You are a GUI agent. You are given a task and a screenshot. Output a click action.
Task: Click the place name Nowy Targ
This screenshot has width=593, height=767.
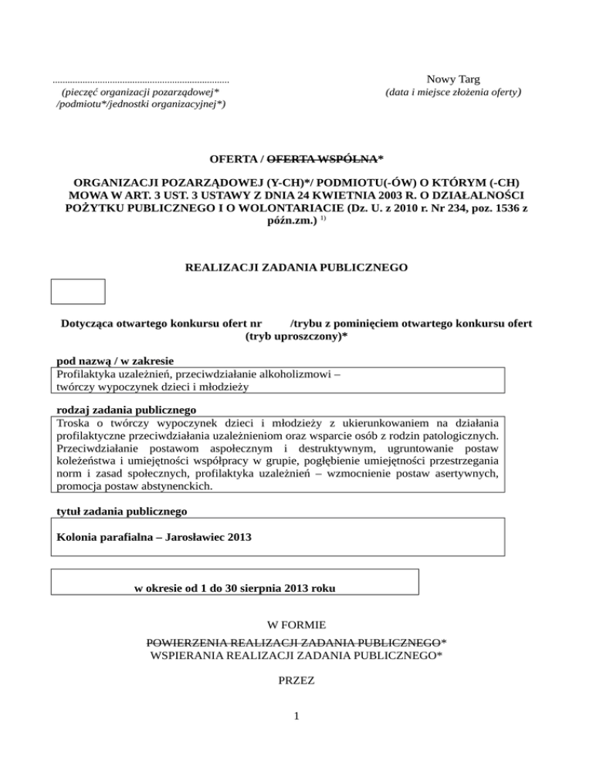click(x=453, y=79)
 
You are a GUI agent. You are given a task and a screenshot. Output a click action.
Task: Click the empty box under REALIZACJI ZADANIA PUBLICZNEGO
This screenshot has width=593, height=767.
click(x=77, y=292)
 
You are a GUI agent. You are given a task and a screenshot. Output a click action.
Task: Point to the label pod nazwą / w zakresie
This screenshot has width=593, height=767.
click(x=115, y=360)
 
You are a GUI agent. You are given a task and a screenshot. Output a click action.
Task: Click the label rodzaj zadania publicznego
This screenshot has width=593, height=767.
click(x=127, y=409)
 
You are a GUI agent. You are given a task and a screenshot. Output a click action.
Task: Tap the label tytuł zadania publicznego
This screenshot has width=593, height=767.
click(x=121, y=510)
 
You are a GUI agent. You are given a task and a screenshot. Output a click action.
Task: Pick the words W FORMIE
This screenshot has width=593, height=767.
click(x=296, y=624)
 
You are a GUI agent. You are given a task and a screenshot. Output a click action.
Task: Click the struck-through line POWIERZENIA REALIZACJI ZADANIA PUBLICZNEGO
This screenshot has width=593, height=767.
click(x=296, y=642)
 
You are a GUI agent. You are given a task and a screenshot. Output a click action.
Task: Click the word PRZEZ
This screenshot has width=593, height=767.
click(x=296, y=682)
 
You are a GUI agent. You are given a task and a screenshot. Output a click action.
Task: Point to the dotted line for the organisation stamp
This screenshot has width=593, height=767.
click(x=141, y=80)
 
